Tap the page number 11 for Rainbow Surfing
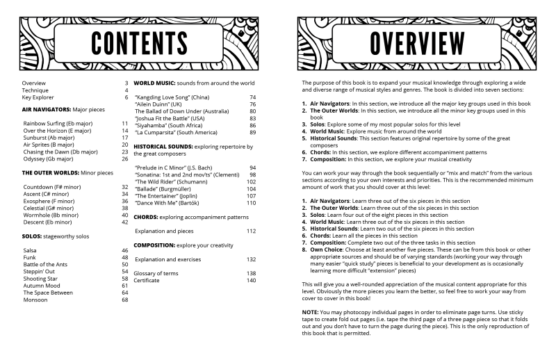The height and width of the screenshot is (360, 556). [124, 124]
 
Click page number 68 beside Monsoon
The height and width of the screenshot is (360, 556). [125, 300]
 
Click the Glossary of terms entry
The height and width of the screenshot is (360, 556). [156, 273]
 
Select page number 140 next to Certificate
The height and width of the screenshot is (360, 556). [251, 280]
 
